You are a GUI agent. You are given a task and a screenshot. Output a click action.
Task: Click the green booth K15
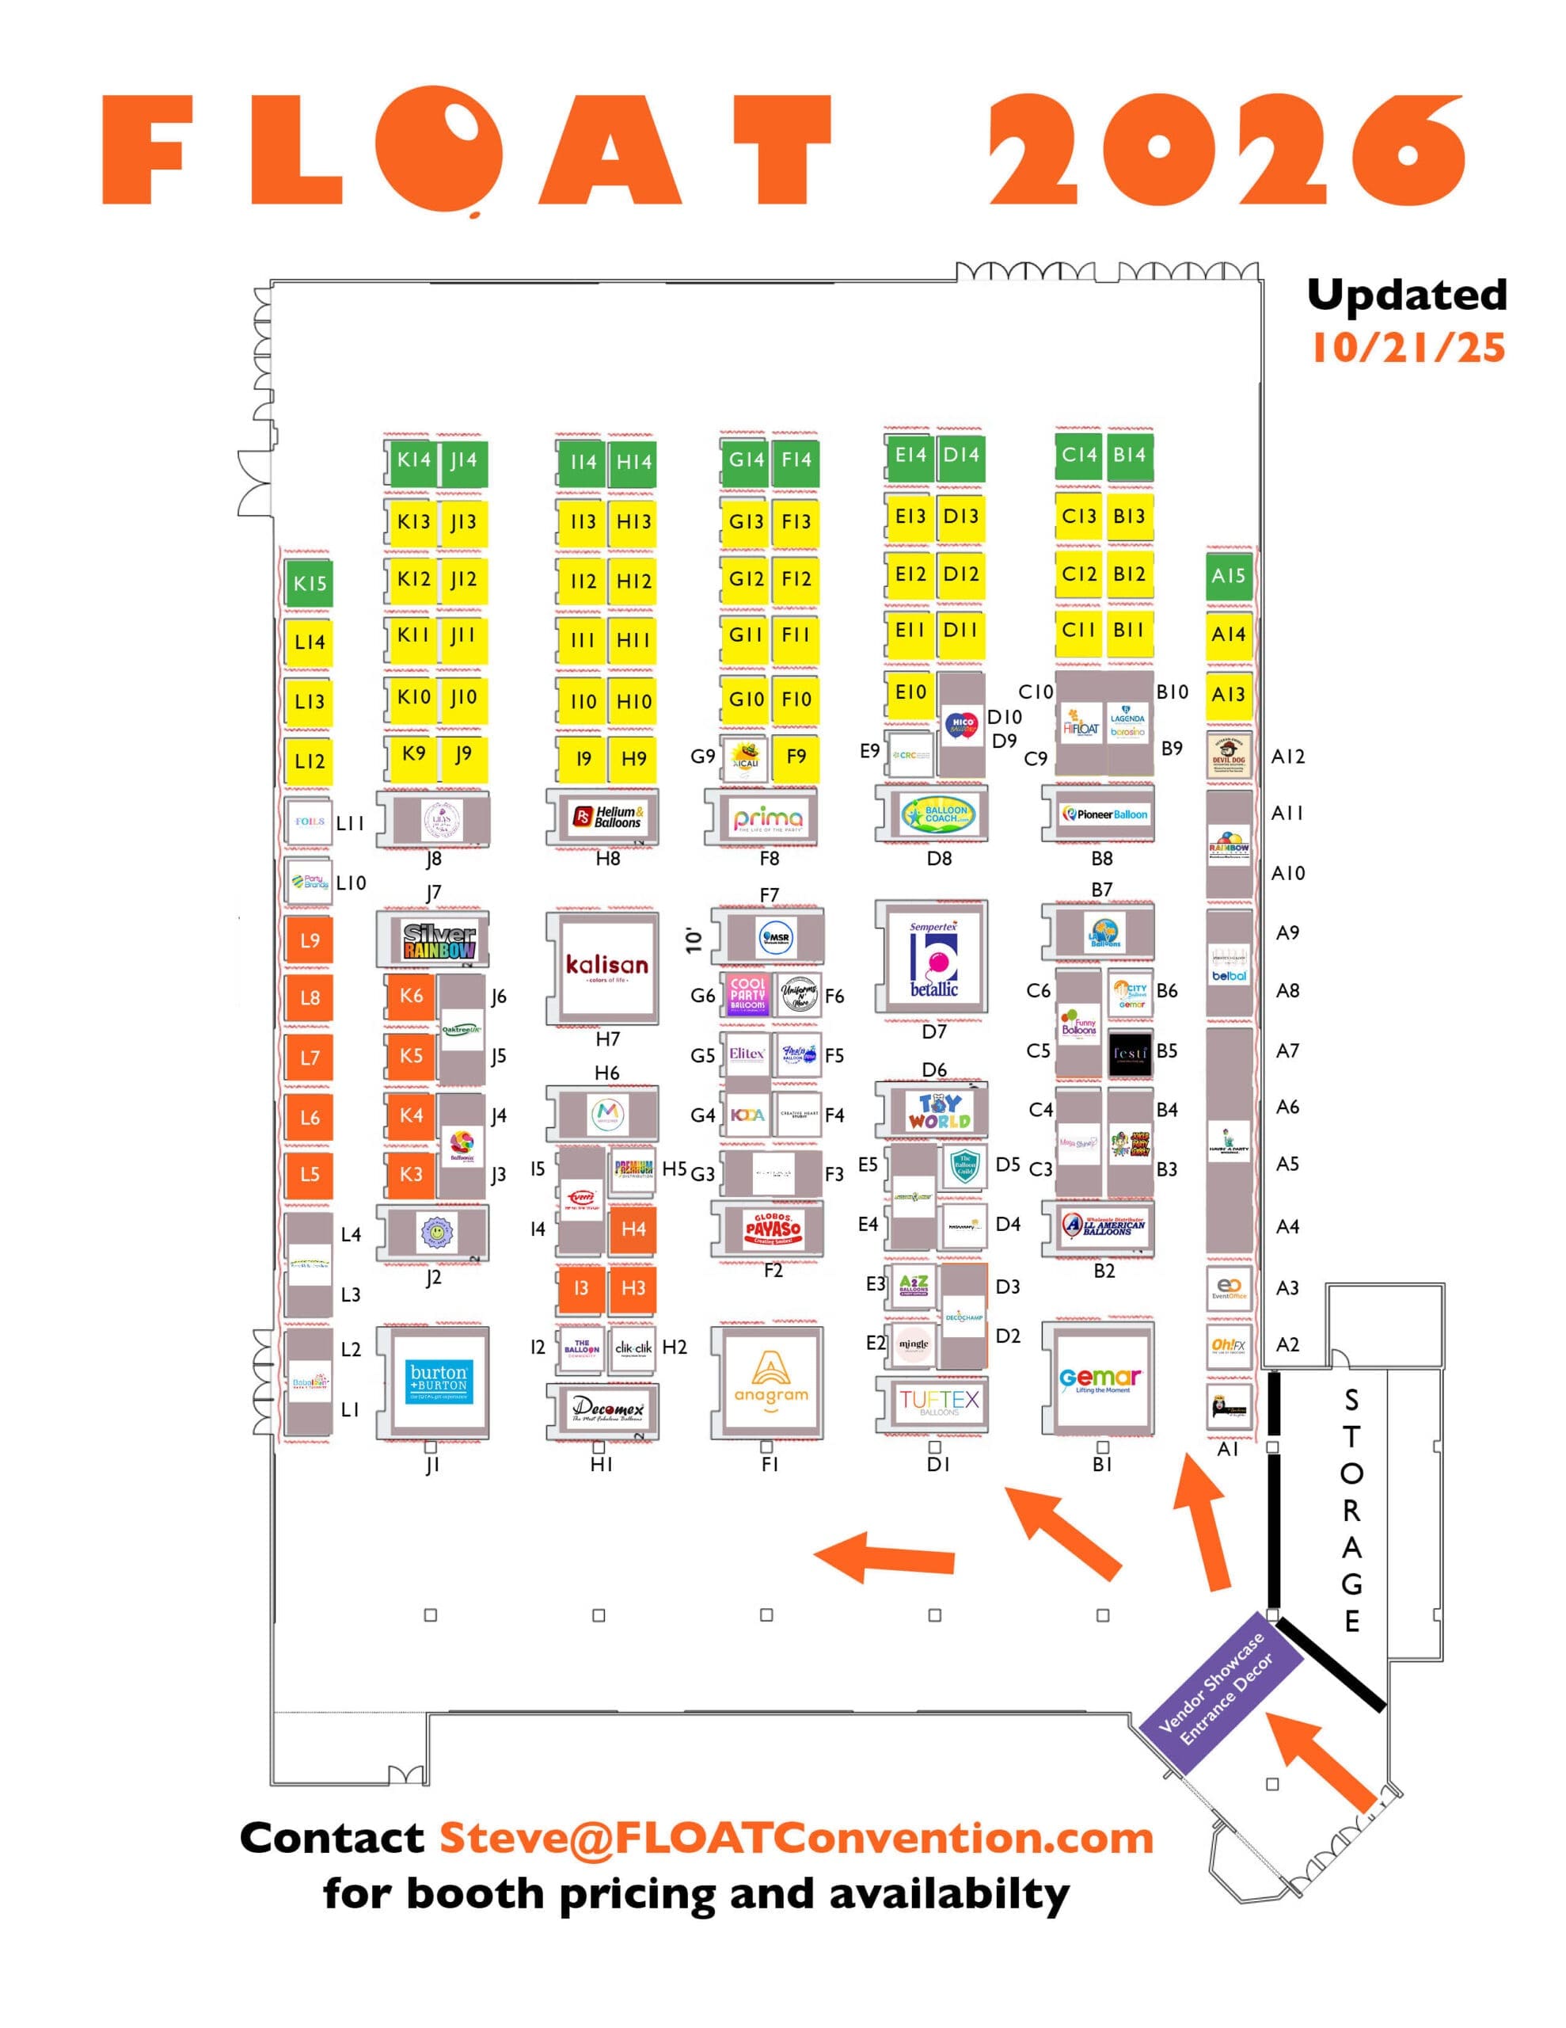pyautogui.click(x=309, y=583)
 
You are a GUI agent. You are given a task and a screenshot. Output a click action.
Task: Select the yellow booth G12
pyautogui.click(x=746, y=578)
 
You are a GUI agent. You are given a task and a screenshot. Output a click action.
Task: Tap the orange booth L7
pyautogui.click(x=309, y=1058)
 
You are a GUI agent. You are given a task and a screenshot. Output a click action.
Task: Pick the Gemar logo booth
pyautogui.click(x=1101, y=1380)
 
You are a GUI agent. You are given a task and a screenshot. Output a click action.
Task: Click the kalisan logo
pyautogui.click(x=607, y=966)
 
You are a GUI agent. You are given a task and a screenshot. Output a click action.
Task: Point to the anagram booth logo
pyautogui.click(x=770, y=1380)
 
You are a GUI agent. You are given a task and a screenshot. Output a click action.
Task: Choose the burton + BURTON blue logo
pyautogui.click(x=439, y=1381)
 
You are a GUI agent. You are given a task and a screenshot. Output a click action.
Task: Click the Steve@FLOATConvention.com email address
pyautogui.click(x=796, y=1838)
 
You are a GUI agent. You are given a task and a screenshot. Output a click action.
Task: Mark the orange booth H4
pyautogui.click(x=633, y=1229)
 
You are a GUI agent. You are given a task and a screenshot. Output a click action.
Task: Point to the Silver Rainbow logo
pyautogui.click(x=439, y=940)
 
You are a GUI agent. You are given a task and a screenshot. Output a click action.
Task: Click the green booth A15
pyautogui.click(x=1228, y=576)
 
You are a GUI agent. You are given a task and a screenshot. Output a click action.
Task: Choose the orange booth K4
pyautogui.click(x=410, y=1115)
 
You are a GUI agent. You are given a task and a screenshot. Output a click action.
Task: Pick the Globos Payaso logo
pyautogui.click(x=773, y=1229)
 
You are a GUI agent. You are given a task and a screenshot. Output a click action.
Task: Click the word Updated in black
pyautogui.click(x=1406, y=295)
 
